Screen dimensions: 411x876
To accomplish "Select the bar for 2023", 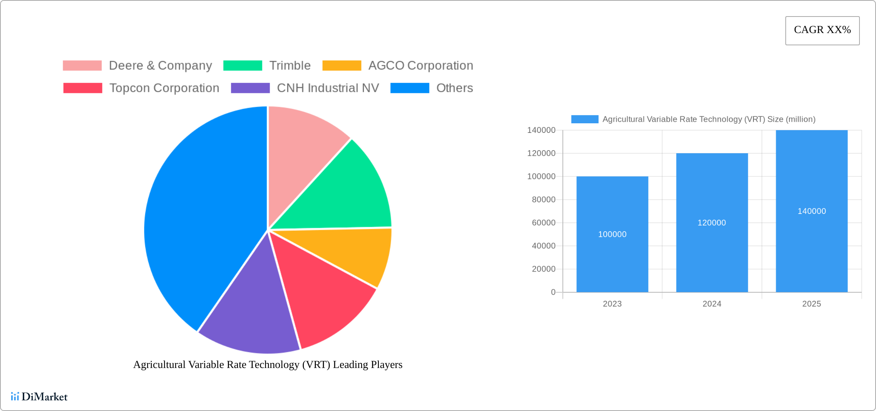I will (612, 261).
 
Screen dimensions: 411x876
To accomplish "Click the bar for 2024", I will (712, 254).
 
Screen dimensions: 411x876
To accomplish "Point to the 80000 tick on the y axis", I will (543, 200).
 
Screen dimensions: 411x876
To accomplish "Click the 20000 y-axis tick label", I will (543, 269).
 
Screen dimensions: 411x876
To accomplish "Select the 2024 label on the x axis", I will (712, 304).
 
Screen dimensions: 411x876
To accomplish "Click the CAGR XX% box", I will (822, 30).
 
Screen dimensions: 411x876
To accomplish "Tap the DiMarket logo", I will (39, 396).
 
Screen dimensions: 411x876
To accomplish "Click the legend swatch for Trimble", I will (242, 66).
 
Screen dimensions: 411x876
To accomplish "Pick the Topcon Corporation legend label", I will (164, 88).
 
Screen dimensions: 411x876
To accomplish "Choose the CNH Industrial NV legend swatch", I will (250, 88).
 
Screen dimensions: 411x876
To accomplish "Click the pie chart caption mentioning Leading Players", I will (268, 365).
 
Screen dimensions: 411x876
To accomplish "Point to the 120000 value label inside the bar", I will (712, 223).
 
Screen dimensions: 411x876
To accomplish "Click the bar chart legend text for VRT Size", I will (708, 119).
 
